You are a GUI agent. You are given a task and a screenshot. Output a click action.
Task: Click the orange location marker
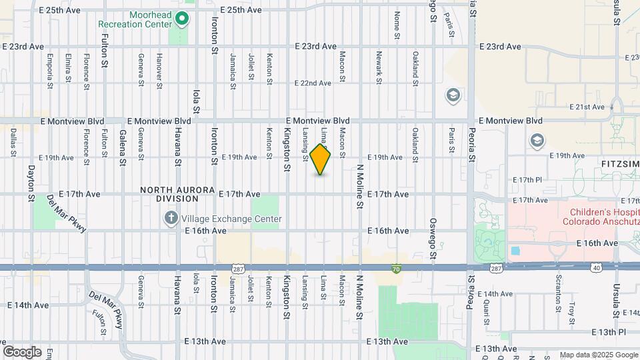coord(321,159)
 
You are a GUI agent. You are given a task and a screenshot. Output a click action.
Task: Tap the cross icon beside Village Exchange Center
coord(171,217)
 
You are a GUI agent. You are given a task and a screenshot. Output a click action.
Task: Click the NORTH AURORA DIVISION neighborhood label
coord(169,194)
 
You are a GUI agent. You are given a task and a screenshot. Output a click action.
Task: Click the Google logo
coord(22,352)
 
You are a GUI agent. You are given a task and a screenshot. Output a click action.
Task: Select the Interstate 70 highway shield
coord(396,269)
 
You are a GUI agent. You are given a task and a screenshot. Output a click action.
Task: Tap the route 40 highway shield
coord(596,267)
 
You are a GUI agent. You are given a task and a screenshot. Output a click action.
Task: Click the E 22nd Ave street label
coord(313,83)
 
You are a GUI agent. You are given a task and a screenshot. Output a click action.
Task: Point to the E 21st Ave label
coord(587,107)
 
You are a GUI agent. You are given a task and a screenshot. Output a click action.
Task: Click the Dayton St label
coord(31,184)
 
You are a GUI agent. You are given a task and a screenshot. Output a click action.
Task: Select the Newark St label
coord(378,67)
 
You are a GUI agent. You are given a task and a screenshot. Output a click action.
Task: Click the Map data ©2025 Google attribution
coord(598,355)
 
